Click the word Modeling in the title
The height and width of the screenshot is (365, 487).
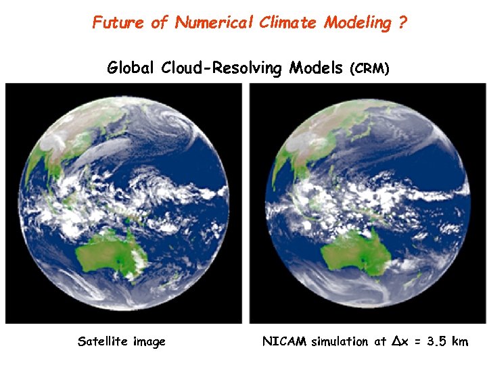[358, 22]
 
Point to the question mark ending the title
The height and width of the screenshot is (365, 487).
[402, 22]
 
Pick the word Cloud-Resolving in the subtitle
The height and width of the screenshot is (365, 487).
[222, 68]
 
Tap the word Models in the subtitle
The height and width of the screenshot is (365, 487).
[316, 68]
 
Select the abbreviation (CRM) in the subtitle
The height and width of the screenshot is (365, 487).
[369, 69]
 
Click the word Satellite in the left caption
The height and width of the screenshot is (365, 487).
[103, 341]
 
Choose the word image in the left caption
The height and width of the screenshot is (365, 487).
[149, 342]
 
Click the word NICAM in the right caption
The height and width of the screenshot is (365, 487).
[285, 341]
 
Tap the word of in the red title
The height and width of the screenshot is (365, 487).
[159, 22]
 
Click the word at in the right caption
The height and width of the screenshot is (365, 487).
[380, 342]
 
